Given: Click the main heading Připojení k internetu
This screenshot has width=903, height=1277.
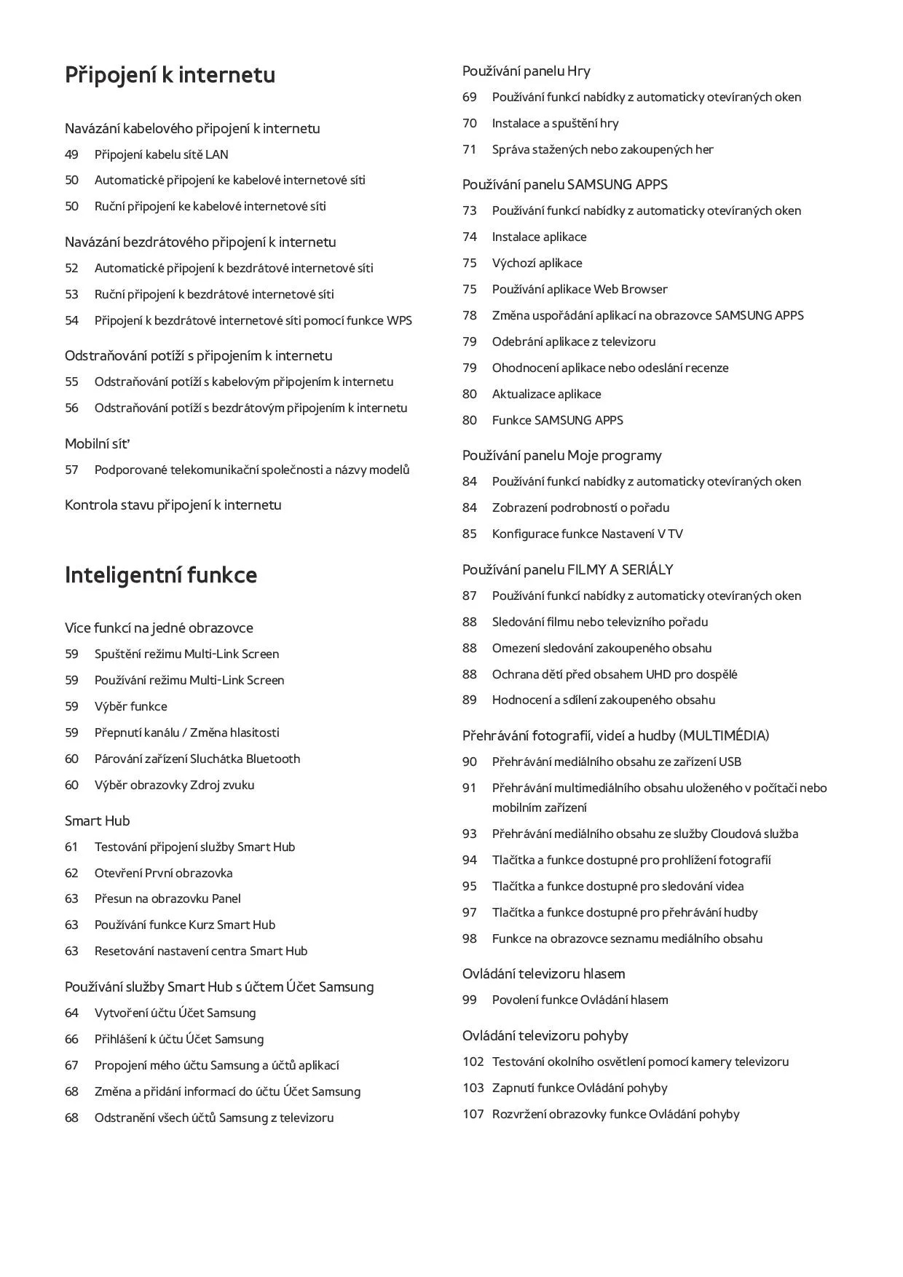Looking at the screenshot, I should point(170,75).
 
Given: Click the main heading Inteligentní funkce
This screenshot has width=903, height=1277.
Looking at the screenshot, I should point(160,575).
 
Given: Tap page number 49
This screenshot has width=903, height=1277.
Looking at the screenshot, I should point(71,154).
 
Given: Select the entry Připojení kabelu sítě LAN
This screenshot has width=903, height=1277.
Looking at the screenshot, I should point(161,154).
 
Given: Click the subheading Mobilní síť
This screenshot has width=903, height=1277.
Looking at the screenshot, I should point(97,443).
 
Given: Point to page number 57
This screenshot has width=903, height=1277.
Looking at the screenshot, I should point(71,470).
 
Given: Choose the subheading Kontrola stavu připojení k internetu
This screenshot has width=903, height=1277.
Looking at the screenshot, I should point(173,505).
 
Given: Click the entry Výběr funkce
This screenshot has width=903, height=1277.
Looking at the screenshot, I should point(130,706).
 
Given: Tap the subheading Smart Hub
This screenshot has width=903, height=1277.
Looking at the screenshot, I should point(97,821).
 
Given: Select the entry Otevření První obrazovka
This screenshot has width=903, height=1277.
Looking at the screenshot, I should point(163,873).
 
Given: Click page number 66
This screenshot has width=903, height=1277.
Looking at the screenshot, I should point(71,1039).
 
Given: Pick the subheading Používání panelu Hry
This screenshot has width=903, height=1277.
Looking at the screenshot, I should point(526,71).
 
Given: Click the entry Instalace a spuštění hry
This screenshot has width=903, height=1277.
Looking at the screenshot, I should point(555,123).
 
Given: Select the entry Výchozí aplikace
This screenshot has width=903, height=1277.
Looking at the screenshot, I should point(537,263).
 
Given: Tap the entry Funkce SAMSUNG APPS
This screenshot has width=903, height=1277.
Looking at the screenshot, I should point(557,420).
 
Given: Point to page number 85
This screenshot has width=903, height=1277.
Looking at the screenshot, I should point(469,534).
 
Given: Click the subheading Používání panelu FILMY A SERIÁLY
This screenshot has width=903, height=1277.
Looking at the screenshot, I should point(567,569).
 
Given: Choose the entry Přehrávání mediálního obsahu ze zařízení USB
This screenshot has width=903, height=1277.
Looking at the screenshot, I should point(616,762).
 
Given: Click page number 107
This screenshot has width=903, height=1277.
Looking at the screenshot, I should point(473,1114).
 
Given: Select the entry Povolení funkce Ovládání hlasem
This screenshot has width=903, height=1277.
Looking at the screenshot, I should point(580,1000).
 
